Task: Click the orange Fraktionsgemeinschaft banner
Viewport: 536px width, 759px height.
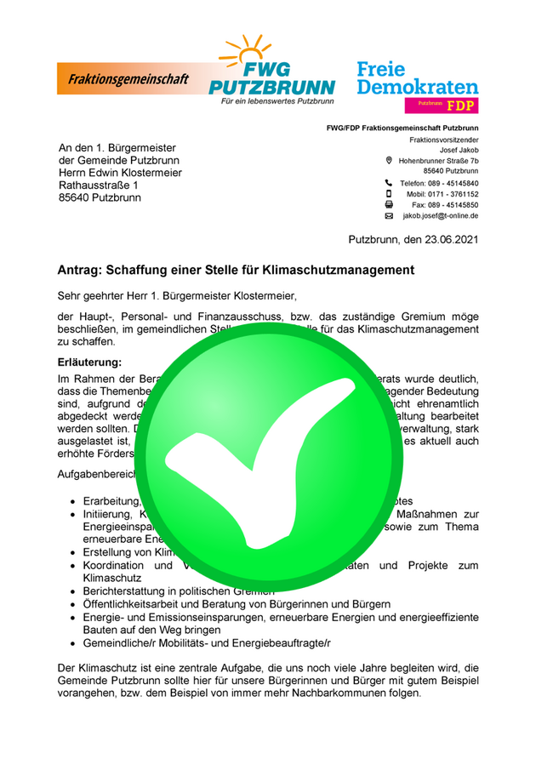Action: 128,78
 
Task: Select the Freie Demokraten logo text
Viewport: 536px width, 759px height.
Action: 417,77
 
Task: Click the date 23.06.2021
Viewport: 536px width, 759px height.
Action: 446,239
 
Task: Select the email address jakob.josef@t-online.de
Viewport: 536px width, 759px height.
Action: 440,216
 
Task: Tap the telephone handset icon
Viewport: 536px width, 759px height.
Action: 389,183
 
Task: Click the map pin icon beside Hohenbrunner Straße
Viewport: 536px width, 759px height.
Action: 389,160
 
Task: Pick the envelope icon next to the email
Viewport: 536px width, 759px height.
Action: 389,216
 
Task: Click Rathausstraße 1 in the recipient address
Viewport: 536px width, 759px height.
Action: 98,185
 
